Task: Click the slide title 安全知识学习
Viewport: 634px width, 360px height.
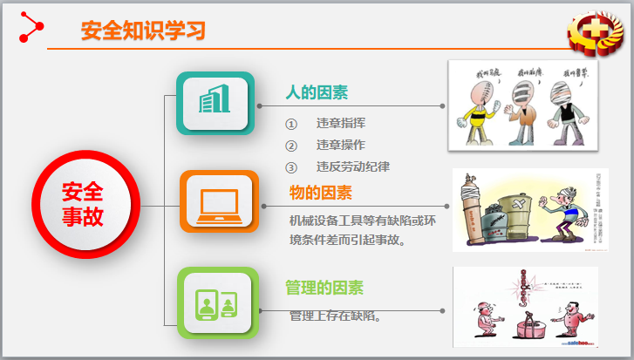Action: click(143, 31)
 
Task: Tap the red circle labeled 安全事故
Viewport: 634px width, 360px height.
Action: click(83, 204)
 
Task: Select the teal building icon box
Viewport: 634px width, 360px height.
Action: click(215, 104)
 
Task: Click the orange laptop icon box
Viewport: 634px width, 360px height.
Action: click(219, 202)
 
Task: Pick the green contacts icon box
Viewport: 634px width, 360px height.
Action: click(218, 302)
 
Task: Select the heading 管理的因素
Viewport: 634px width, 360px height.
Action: click(324, 288)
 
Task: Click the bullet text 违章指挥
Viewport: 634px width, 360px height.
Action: click(340, 124)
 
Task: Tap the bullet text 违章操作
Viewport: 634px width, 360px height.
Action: click(340, 145)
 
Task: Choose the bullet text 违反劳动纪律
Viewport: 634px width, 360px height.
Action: click(352, 166)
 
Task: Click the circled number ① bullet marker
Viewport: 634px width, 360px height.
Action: click(291, 124)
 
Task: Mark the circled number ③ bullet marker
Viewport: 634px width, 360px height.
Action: click(291, 166)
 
